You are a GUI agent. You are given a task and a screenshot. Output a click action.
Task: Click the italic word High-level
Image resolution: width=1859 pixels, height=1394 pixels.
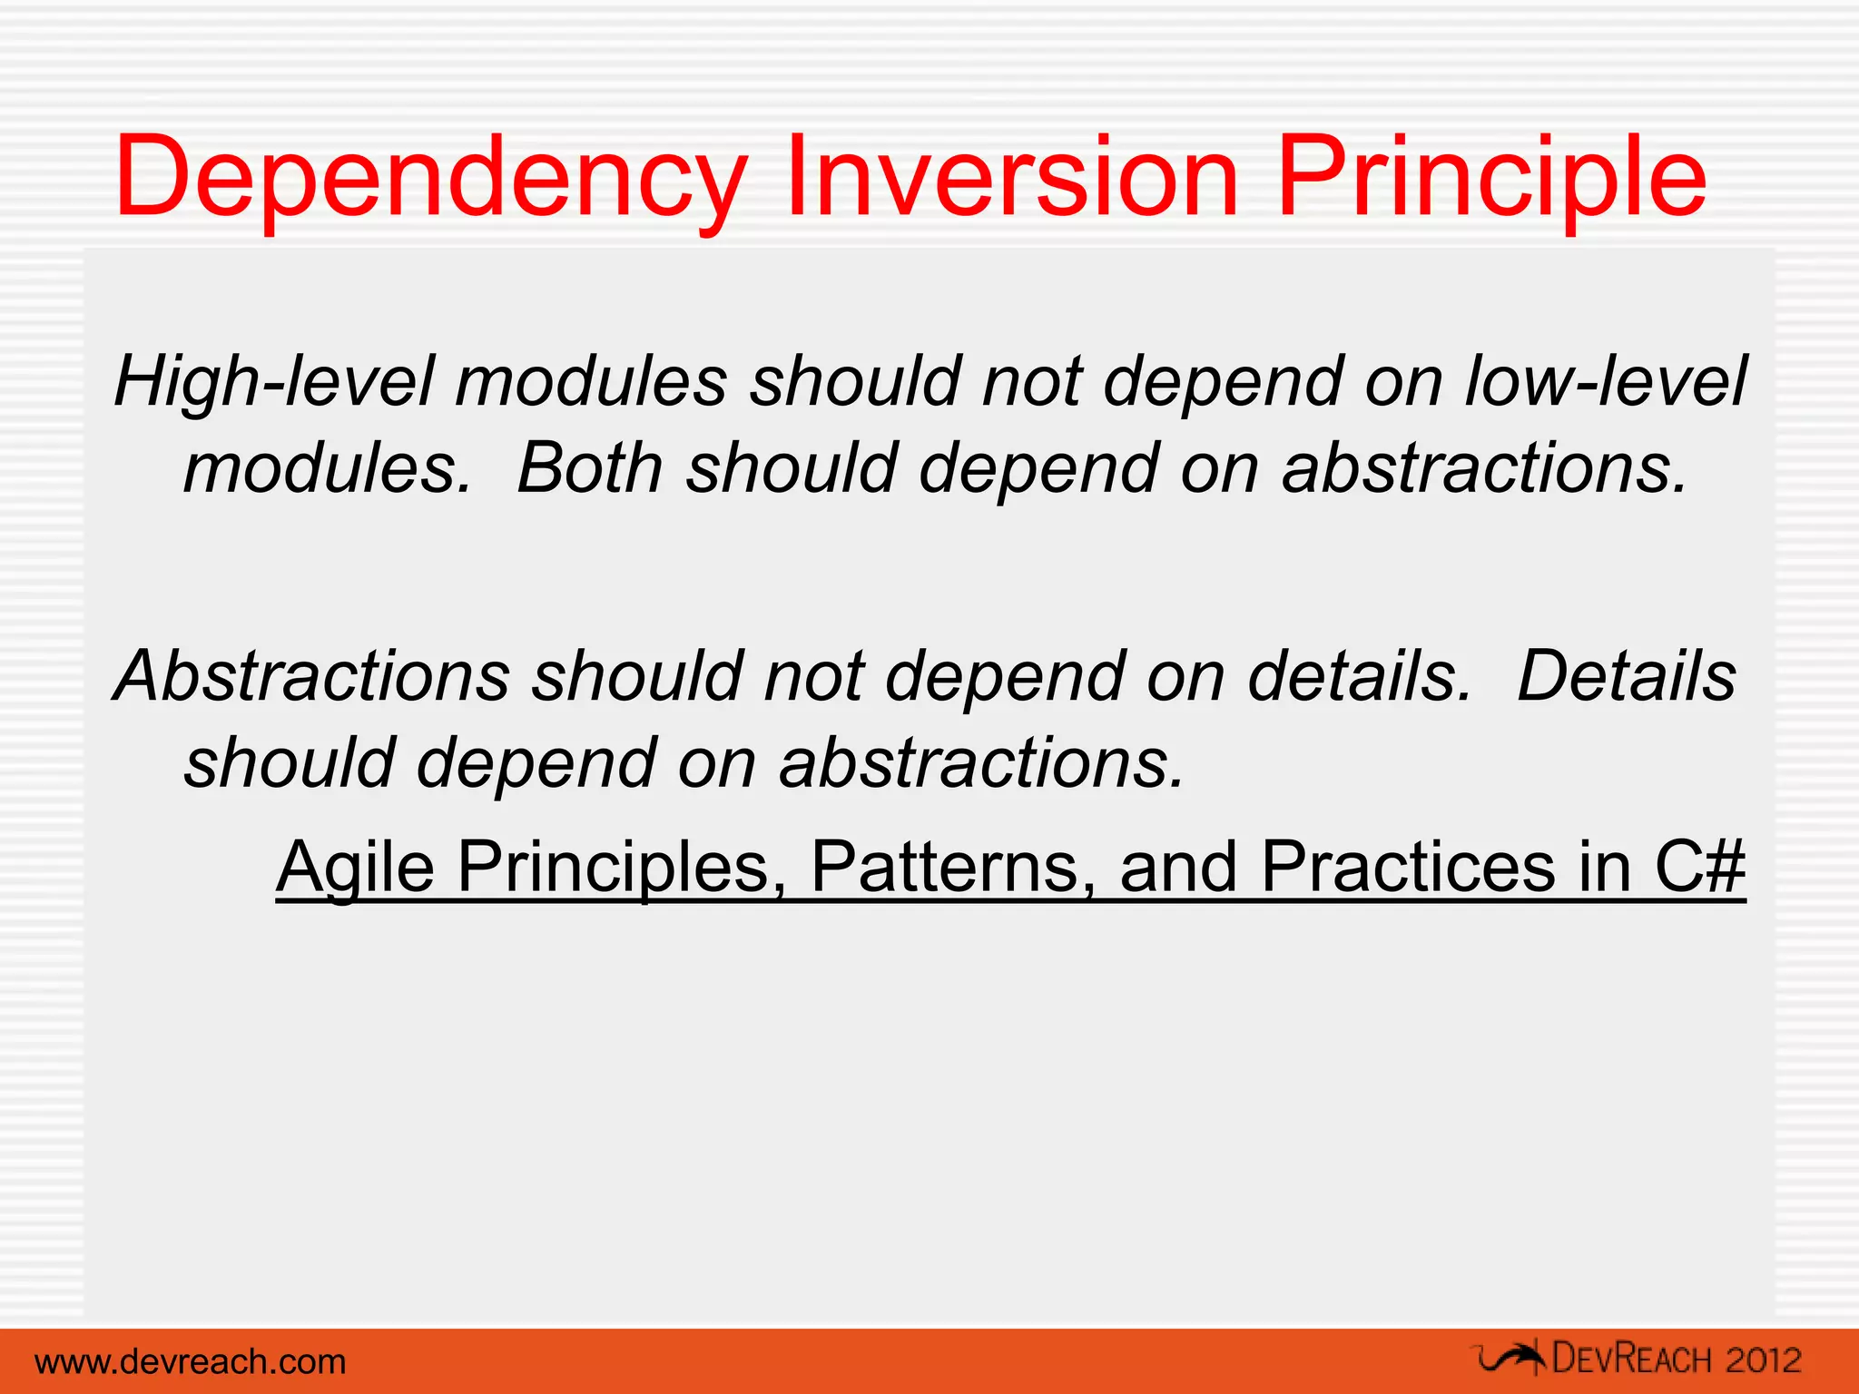pyautogui.click(x=275, y=381)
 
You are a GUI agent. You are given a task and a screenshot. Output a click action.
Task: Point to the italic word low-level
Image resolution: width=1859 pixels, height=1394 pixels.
pyautogui.click(x=1606, y=381)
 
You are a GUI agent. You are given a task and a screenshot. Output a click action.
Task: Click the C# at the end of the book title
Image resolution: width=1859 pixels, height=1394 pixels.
pyautogui.click(x=1700, y=866)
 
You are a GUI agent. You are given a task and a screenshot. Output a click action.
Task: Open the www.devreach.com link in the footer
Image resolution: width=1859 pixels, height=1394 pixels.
pyautogui.click(x=191, y=1361)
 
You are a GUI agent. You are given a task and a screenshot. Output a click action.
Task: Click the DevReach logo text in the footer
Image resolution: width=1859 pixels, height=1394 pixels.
pyautogui.click(x=1633, y=1359)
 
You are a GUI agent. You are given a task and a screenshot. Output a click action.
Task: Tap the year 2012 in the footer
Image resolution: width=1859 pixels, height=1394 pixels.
pyautogui.click(x=1764, y=1360)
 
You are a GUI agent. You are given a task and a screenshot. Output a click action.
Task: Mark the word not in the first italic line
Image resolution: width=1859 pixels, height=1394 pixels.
pyautogui.click(x=1033, y=381)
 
